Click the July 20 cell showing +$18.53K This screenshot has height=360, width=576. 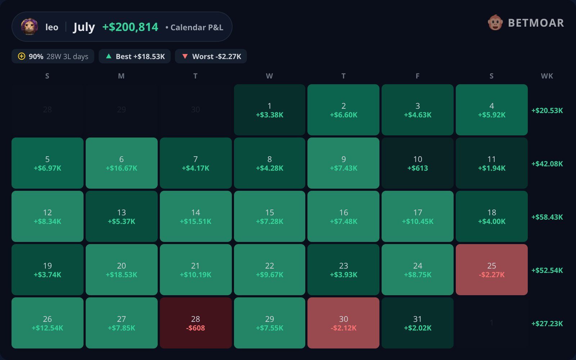(121, 270)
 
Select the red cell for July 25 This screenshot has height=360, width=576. (492, 270)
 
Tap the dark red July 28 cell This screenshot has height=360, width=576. (195, 323)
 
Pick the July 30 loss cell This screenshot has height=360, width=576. (343, 323)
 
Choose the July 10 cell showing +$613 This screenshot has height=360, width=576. (417, 163)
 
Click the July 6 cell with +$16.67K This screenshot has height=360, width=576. (121, 163)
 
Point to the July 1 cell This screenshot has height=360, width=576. (270, 110)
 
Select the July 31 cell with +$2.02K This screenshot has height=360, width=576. (417, 323)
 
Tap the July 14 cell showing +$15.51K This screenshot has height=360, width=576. (195, 216)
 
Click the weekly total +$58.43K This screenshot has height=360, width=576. (547, 217)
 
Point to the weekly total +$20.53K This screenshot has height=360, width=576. (547, 111)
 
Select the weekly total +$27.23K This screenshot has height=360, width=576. (547, 324)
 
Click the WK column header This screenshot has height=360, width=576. (547, 76)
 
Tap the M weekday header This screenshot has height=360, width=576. (121, 76)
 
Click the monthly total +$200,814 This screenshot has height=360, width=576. (130, 27)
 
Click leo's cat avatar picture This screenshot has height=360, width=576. (29, 27)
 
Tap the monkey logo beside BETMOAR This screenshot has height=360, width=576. (495, 23)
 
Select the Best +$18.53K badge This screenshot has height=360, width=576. (135, 56)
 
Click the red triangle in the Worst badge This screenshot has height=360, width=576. (185, 56)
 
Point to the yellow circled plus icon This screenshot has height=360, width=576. (22, 56)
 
